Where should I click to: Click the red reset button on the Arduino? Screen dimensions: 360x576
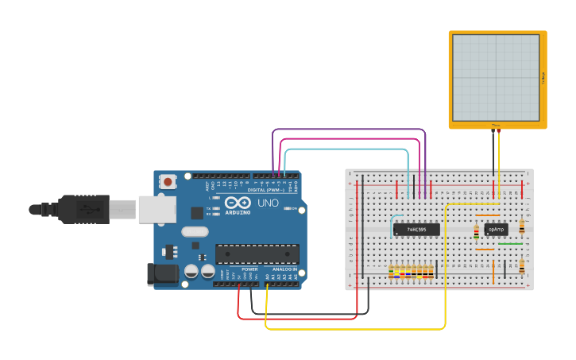[x=168, y=182]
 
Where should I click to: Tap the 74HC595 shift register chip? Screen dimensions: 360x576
[x=416, y=230]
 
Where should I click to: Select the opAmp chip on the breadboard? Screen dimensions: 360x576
[x=495, y=229]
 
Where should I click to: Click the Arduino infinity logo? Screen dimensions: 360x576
[x=238, y=203]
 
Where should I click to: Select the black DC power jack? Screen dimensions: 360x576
[x=164, y=274]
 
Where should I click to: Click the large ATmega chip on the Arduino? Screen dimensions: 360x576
[x=257, y=254]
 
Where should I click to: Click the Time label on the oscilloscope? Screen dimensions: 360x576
[x=496, y=125]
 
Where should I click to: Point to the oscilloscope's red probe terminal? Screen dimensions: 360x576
[x=499, y=130]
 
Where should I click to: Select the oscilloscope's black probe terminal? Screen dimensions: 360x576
[x=493, y=130]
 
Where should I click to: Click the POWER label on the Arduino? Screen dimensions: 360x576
[x=249, y=269]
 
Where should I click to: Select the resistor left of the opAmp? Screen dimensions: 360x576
[x=476, y=232]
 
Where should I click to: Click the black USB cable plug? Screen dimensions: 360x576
[x=79, y=209]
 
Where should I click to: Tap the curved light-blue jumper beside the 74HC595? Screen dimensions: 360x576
[x=392, y=222]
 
